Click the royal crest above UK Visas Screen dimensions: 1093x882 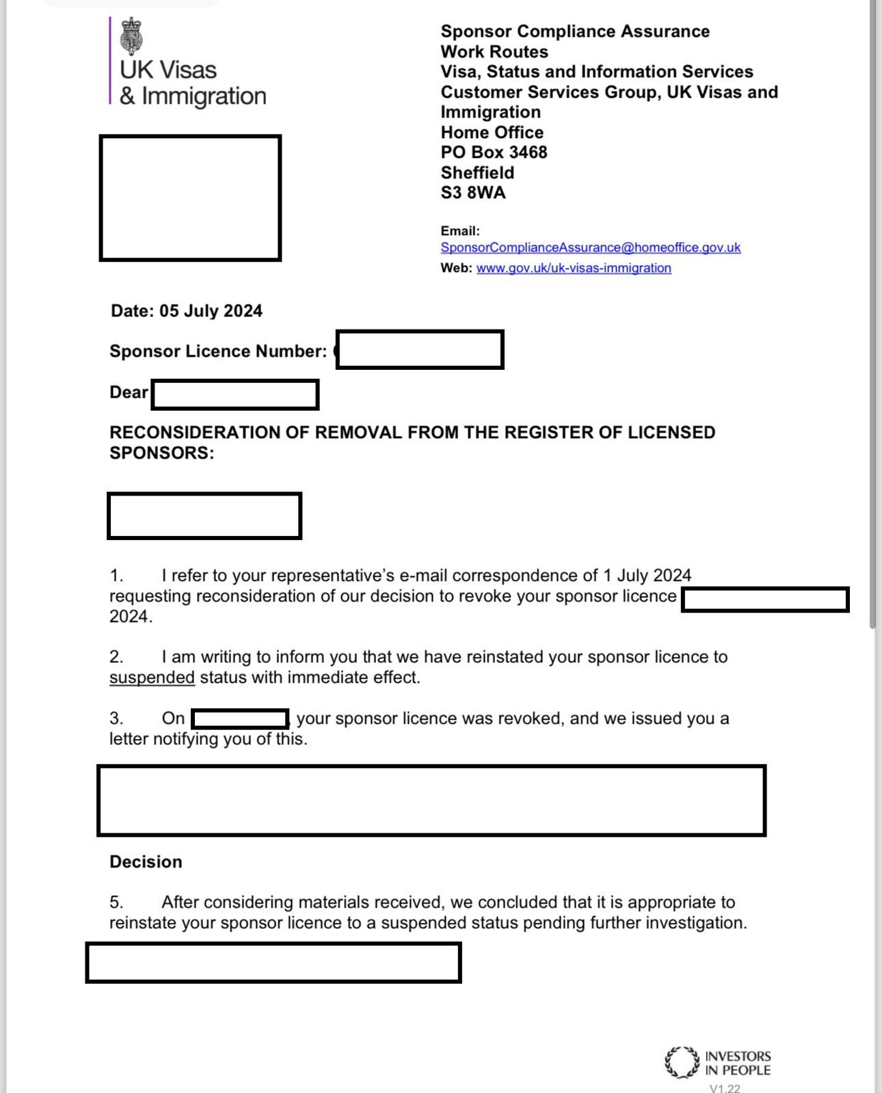coord(132,37)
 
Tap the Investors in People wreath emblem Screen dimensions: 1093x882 coord(682,1062)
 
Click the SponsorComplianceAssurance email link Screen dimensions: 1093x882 coord(590,247)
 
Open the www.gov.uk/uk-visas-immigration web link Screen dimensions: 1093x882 coord(574,268)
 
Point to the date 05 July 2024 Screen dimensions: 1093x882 coord(211,311)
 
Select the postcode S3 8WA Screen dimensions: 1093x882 coord(473,193)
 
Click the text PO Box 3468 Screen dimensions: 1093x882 coord(494,152)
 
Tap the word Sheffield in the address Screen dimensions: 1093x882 coord(477,173)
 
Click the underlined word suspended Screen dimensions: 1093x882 coord(152,677)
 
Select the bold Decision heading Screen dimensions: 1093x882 coord(146,861)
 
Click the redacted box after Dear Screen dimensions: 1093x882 coord(235,395)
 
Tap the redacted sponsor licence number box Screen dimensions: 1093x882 coord(420,350)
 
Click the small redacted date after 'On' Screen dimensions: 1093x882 coord(240,718)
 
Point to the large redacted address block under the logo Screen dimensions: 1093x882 coord(190,198)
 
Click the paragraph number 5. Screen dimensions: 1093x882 coord(116,902)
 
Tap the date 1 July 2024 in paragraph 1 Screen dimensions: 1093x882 coord(647,576)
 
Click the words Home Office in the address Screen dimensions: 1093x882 coord(492,133)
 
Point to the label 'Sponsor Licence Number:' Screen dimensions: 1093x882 coord(218,351)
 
